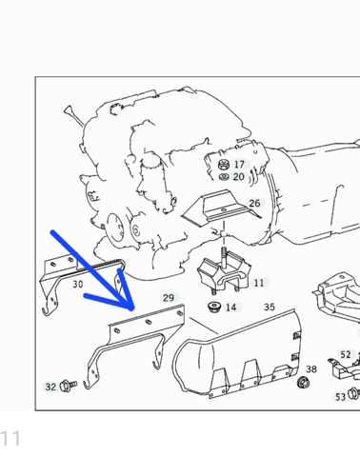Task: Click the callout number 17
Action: pyautogui.click(x=239, y=165)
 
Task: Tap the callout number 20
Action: pyautogui.click(x=239, y=177)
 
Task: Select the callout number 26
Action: pyautogui.click(x=254, y=203)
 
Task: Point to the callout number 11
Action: pyautogui.click(x=259, y=283)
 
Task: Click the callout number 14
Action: pyautogui.click(x=230, y=308)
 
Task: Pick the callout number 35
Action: pyautogui.click(x=270, y=307)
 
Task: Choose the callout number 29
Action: pyautogui.click(x=169, y=298)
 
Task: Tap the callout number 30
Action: pyautogui.click(x=78, y=284)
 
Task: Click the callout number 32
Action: pyautogui.click(x=50, y=387)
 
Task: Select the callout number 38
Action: pyautogui.click(x=311, y=369)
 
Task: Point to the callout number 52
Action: pyautogui.click(x=346, y=354)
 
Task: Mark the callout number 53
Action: pyautogui.click(x=340, y=397)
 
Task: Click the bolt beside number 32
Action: pyautogui.click(x=69, y=386)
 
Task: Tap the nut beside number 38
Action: pyautogui.click(x=304, y=382)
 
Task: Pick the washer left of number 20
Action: pyautogui.click(x=224, y=177)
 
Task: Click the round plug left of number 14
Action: pyautogui.click(x=214, y=307)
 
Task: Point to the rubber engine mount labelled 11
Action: pyautogui.click(x=224, y=272)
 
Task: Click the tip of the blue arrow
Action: pyautogui.click(x=132, y=309)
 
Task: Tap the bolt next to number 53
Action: pyautogui.click(x=353, y=393)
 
